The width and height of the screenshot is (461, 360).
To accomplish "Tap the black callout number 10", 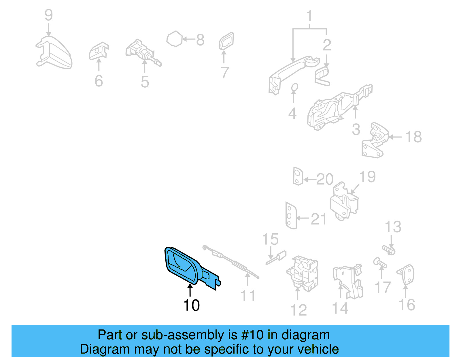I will coord(191,305).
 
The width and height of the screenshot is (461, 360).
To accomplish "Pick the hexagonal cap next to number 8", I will coord(175,39).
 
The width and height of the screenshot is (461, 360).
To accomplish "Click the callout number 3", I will coord(356,130).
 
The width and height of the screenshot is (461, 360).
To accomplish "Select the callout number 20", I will coord(325,180).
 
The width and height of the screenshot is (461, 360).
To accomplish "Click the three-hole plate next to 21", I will coord(290,216).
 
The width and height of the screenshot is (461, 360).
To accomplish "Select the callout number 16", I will coord(407,305).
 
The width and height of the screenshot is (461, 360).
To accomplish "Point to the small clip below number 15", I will coord(276,258).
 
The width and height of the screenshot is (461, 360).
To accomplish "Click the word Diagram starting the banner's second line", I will coord(97,349).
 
